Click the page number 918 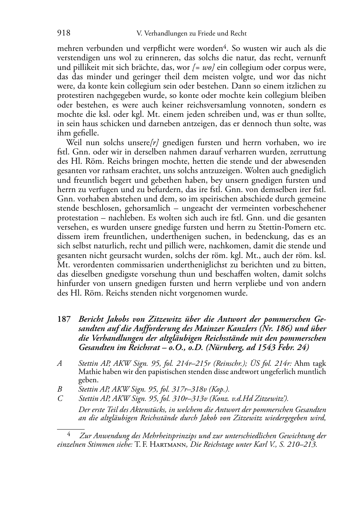[x=64, y=33]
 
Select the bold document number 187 [x=64, y=319]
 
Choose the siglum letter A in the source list [x=60, y=363]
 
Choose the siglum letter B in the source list [x=60, y=389]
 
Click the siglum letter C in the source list [x=60, y=398]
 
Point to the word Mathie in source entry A [x=89, y=372]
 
